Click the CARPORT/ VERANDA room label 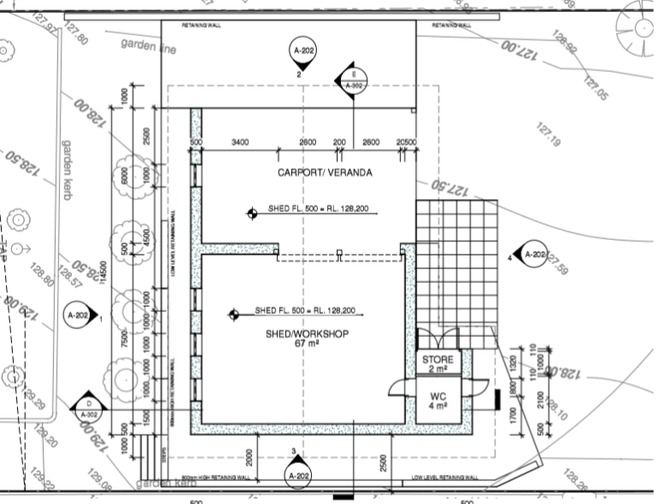325,172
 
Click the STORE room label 439,360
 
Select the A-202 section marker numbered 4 532,254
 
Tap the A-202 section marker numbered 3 298,472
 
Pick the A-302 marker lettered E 355,80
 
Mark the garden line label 148,45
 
